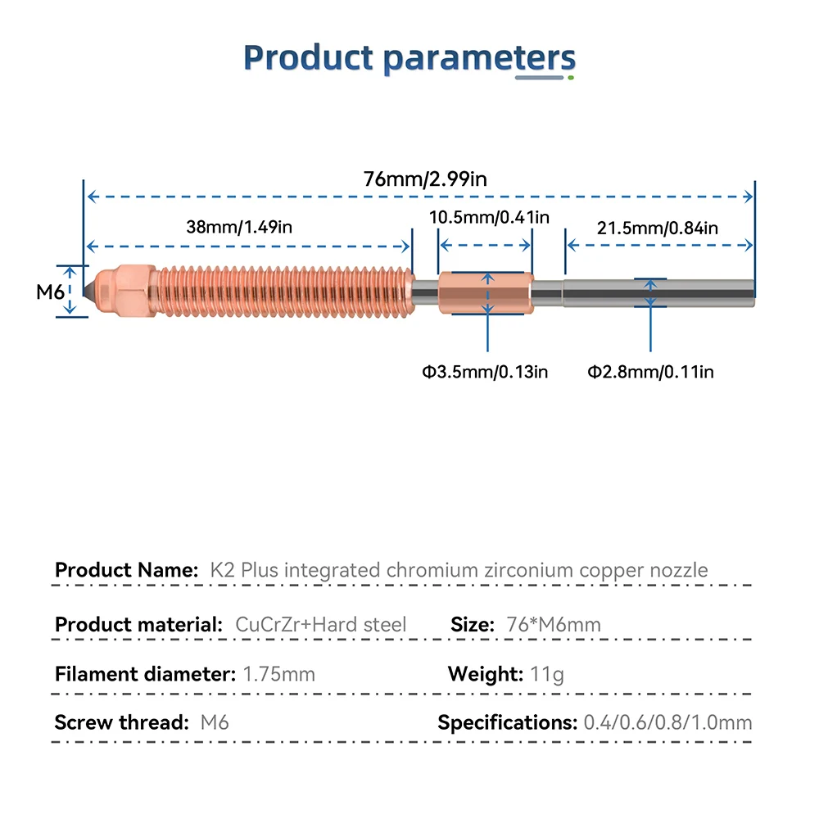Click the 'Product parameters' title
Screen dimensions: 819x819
click(x=409, y=59)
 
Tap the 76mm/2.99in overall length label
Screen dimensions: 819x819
click(x=425, y=179)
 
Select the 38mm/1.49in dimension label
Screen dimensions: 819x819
click(x=238, y=228)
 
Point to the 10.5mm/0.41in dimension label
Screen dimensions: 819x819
click(x=490, y=217)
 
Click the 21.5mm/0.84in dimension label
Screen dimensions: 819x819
click(x=657, y=229)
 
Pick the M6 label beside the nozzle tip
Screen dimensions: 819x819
click(x=49, y=291)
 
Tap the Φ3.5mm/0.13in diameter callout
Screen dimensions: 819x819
click(x=485, y=373)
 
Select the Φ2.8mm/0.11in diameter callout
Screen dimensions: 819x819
click(x=650, y=373)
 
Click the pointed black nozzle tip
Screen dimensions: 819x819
click(x=88, y=291)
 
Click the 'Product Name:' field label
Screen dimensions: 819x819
click(x=126, y=570)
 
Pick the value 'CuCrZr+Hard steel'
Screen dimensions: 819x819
click(x=320, y=625)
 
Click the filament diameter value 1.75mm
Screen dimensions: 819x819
click(x=279, y=675)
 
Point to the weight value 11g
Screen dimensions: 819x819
click(x=547, y=675)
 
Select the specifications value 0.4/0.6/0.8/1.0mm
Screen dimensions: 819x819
click(x=667, y=723)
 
